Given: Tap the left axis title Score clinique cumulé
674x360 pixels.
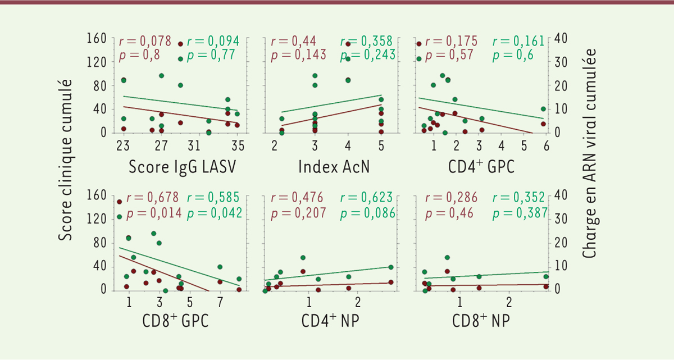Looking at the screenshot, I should [66, 160].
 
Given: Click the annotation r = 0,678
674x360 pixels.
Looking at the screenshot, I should [153, 198].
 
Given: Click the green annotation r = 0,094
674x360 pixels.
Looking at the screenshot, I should [213, 41].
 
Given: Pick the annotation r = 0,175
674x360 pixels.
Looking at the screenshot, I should [452, 41].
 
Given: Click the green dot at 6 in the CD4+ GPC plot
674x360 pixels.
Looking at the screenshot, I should [543, 109].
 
